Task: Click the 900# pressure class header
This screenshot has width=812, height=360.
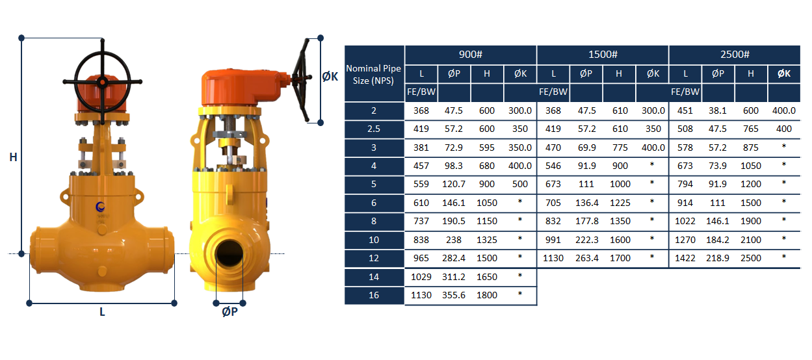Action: tap(471, 55)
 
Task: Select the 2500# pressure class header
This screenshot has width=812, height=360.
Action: tap(735, 55)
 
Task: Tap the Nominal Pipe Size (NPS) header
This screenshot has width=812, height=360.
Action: tap(374, 74)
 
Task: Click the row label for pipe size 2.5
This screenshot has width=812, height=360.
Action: tap(374, 129)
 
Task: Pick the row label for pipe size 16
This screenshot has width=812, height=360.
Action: tap(374, 295)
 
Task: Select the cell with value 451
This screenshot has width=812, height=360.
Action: tap(685, 111)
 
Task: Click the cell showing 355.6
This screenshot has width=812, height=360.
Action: tap(454, 295)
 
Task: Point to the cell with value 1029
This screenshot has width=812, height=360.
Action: tap(421, 277)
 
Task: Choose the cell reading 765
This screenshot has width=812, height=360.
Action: tap(751, 129)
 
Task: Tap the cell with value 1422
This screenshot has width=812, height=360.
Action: tap(685, 258)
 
